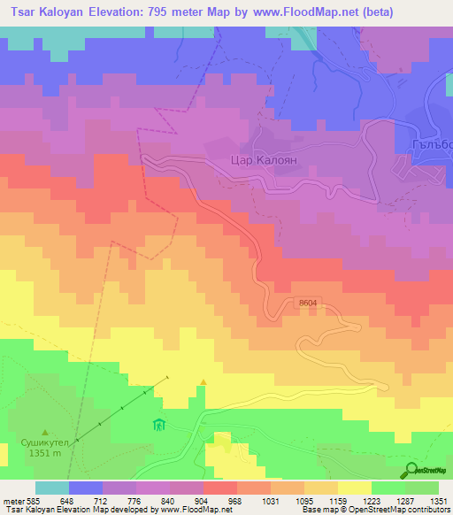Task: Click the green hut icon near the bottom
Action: pos(159,425)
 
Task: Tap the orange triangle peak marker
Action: pos(203,382)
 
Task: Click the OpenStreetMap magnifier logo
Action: pos(413,469)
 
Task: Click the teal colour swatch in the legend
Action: pos(52,488)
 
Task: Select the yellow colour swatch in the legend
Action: pos(355,488)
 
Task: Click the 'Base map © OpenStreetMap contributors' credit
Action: pos(374,510)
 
